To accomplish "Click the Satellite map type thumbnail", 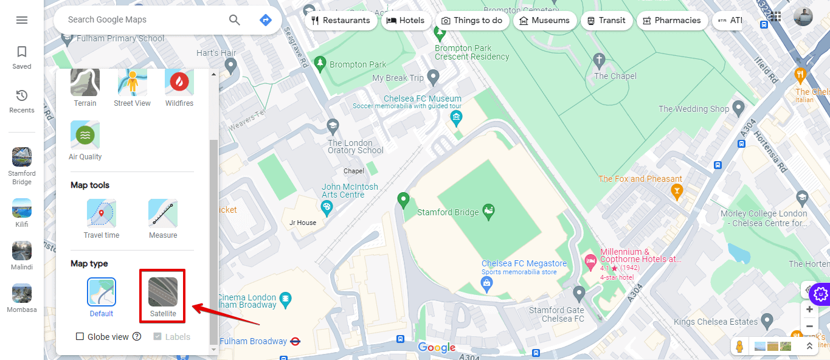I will coord(163,292).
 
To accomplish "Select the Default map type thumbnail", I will coord(102,292).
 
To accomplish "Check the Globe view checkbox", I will coord(80,336).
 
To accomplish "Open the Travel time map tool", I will coord(102,213).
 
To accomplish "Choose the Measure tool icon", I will coord(163,213).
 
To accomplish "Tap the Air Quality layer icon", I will coord(85,135).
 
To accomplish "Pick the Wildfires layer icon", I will coord(179,83).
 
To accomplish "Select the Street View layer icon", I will coord(132,83).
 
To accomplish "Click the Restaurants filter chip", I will coord(341,20).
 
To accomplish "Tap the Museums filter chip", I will coord(545,20).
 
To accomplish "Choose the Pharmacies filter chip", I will coord(672,20).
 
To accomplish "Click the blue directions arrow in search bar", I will coord(266,20).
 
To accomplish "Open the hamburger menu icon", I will coord(22,20).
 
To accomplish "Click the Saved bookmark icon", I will coord(22,52).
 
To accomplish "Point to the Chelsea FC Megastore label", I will coord(524,264).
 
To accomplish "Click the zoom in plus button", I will coord(809,309).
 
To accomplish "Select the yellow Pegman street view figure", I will coord(739,347).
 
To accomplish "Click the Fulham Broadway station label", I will coord(253,341).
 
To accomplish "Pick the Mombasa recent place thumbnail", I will coord(22,293).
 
